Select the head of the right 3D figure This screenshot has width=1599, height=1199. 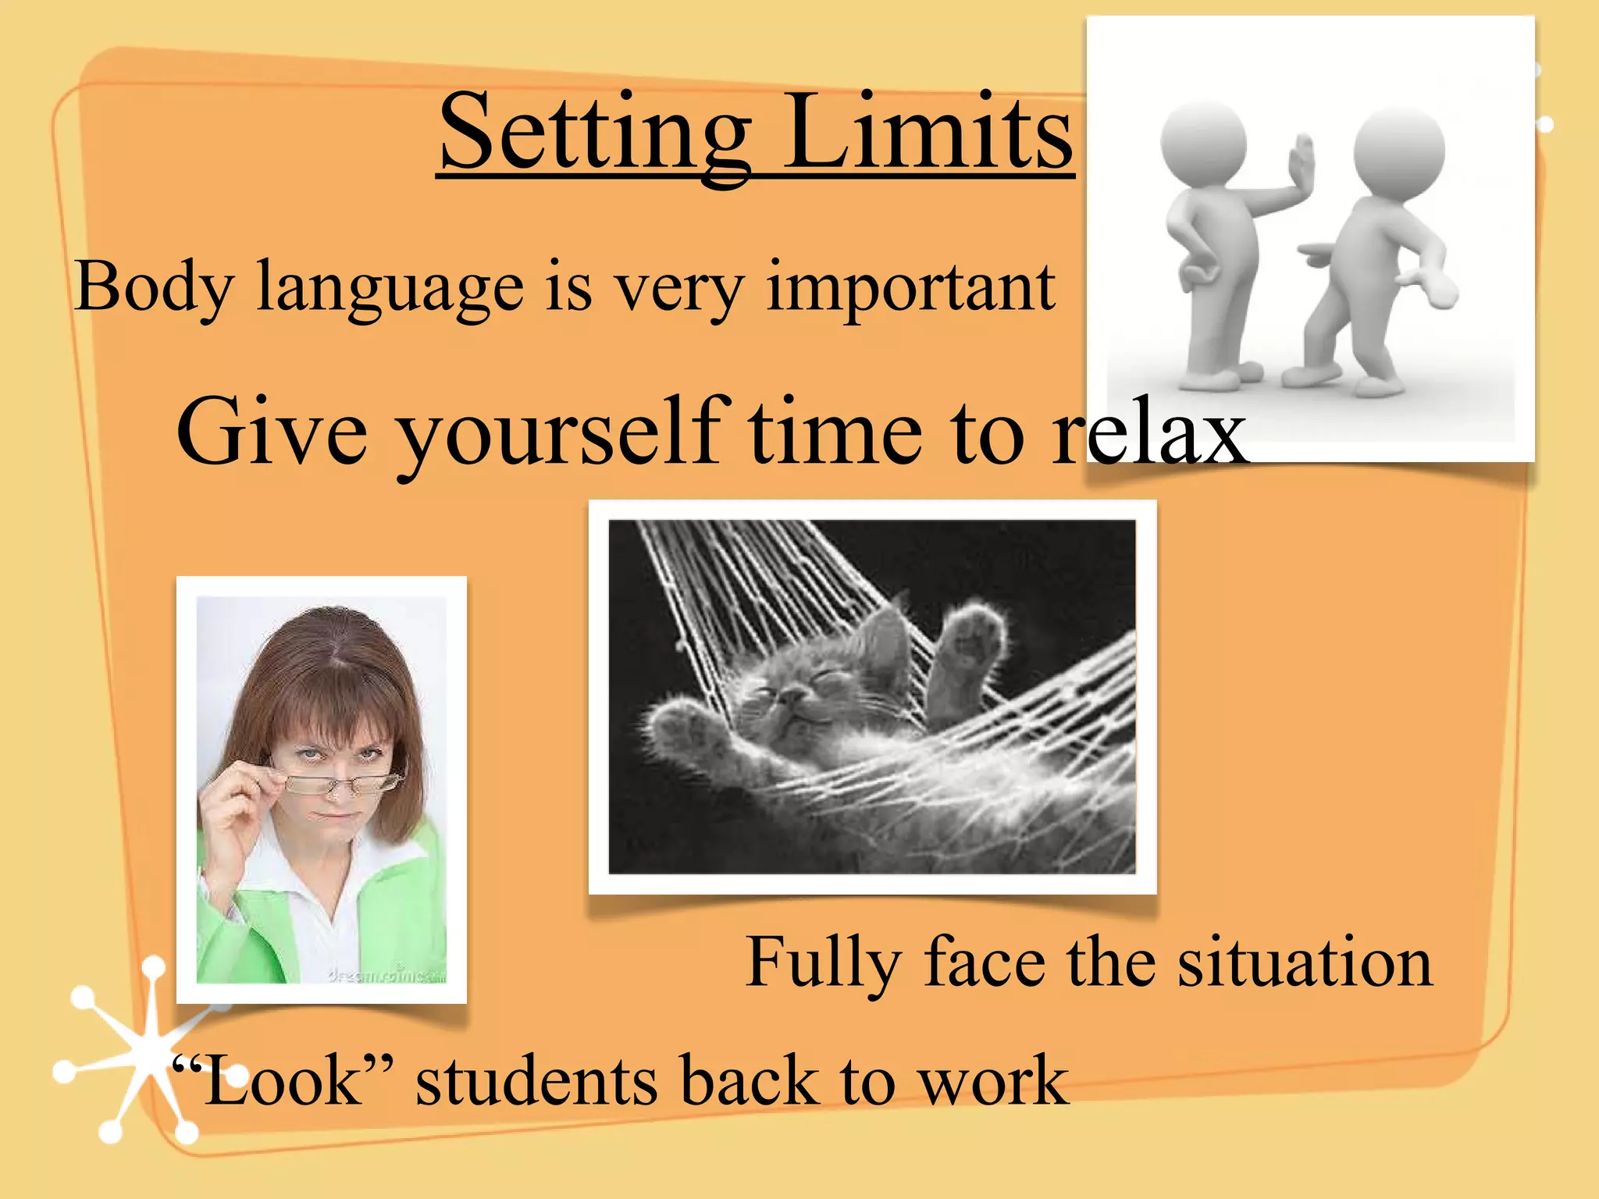1398,148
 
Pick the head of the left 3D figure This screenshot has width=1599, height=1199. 1202,141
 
